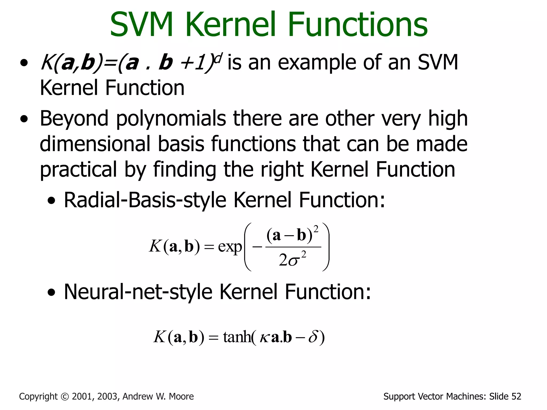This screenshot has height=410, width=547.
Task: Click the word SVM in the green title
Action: pyautogui.click(x=142, y=25)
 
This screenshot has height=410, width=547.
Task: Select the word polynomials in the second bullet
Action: pyautogui.click(x=171, y=119)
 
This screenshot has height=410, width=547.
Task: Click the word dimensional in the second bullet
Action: pyautogui.click(x=95, y=144)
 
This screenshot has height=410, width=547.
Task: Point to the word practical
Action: pyautogui.click(x=78, y=169)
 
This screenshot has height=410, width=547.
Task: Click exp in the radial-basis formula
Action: pyautogui.click(x=230, y=247)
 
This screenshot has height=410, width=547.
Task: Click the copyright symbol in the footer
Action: pyautogui.click(x=65, y=397)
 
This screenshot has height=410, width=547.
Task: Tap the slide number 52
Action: pyautogui.click(x=516, y=396)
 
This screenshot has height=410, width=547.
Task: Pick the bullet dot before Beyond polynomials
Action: pyautogui.click(x=24, y=119)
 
